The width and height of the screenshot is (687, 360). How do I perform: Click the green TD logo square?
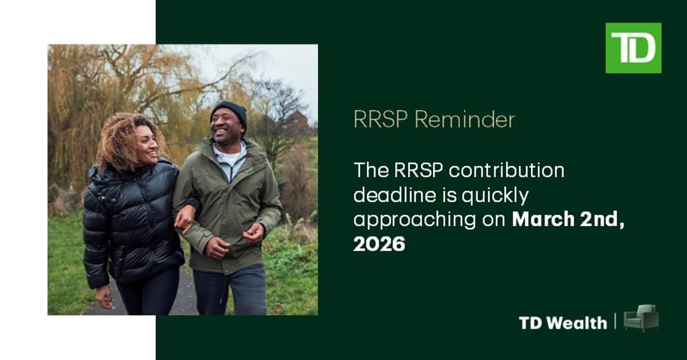click(x=633, y=48)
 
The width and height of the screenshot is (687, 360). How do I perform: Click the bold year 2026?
click(x=379, y=244)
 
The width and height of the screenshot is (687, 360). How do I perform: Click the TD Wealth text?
click(x=563, y=323)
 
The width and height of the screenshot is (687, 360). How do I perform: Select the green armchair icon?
click(x=641, y=318)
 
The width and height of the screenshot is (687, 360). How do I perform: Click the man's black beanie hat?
click(x=229, y=110)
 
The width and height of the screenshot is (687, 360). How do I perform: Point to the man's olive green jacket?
click(x=229, y=200)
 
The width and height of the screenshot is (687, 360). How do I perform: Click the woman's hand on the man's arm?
click(x=184, y=218)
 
